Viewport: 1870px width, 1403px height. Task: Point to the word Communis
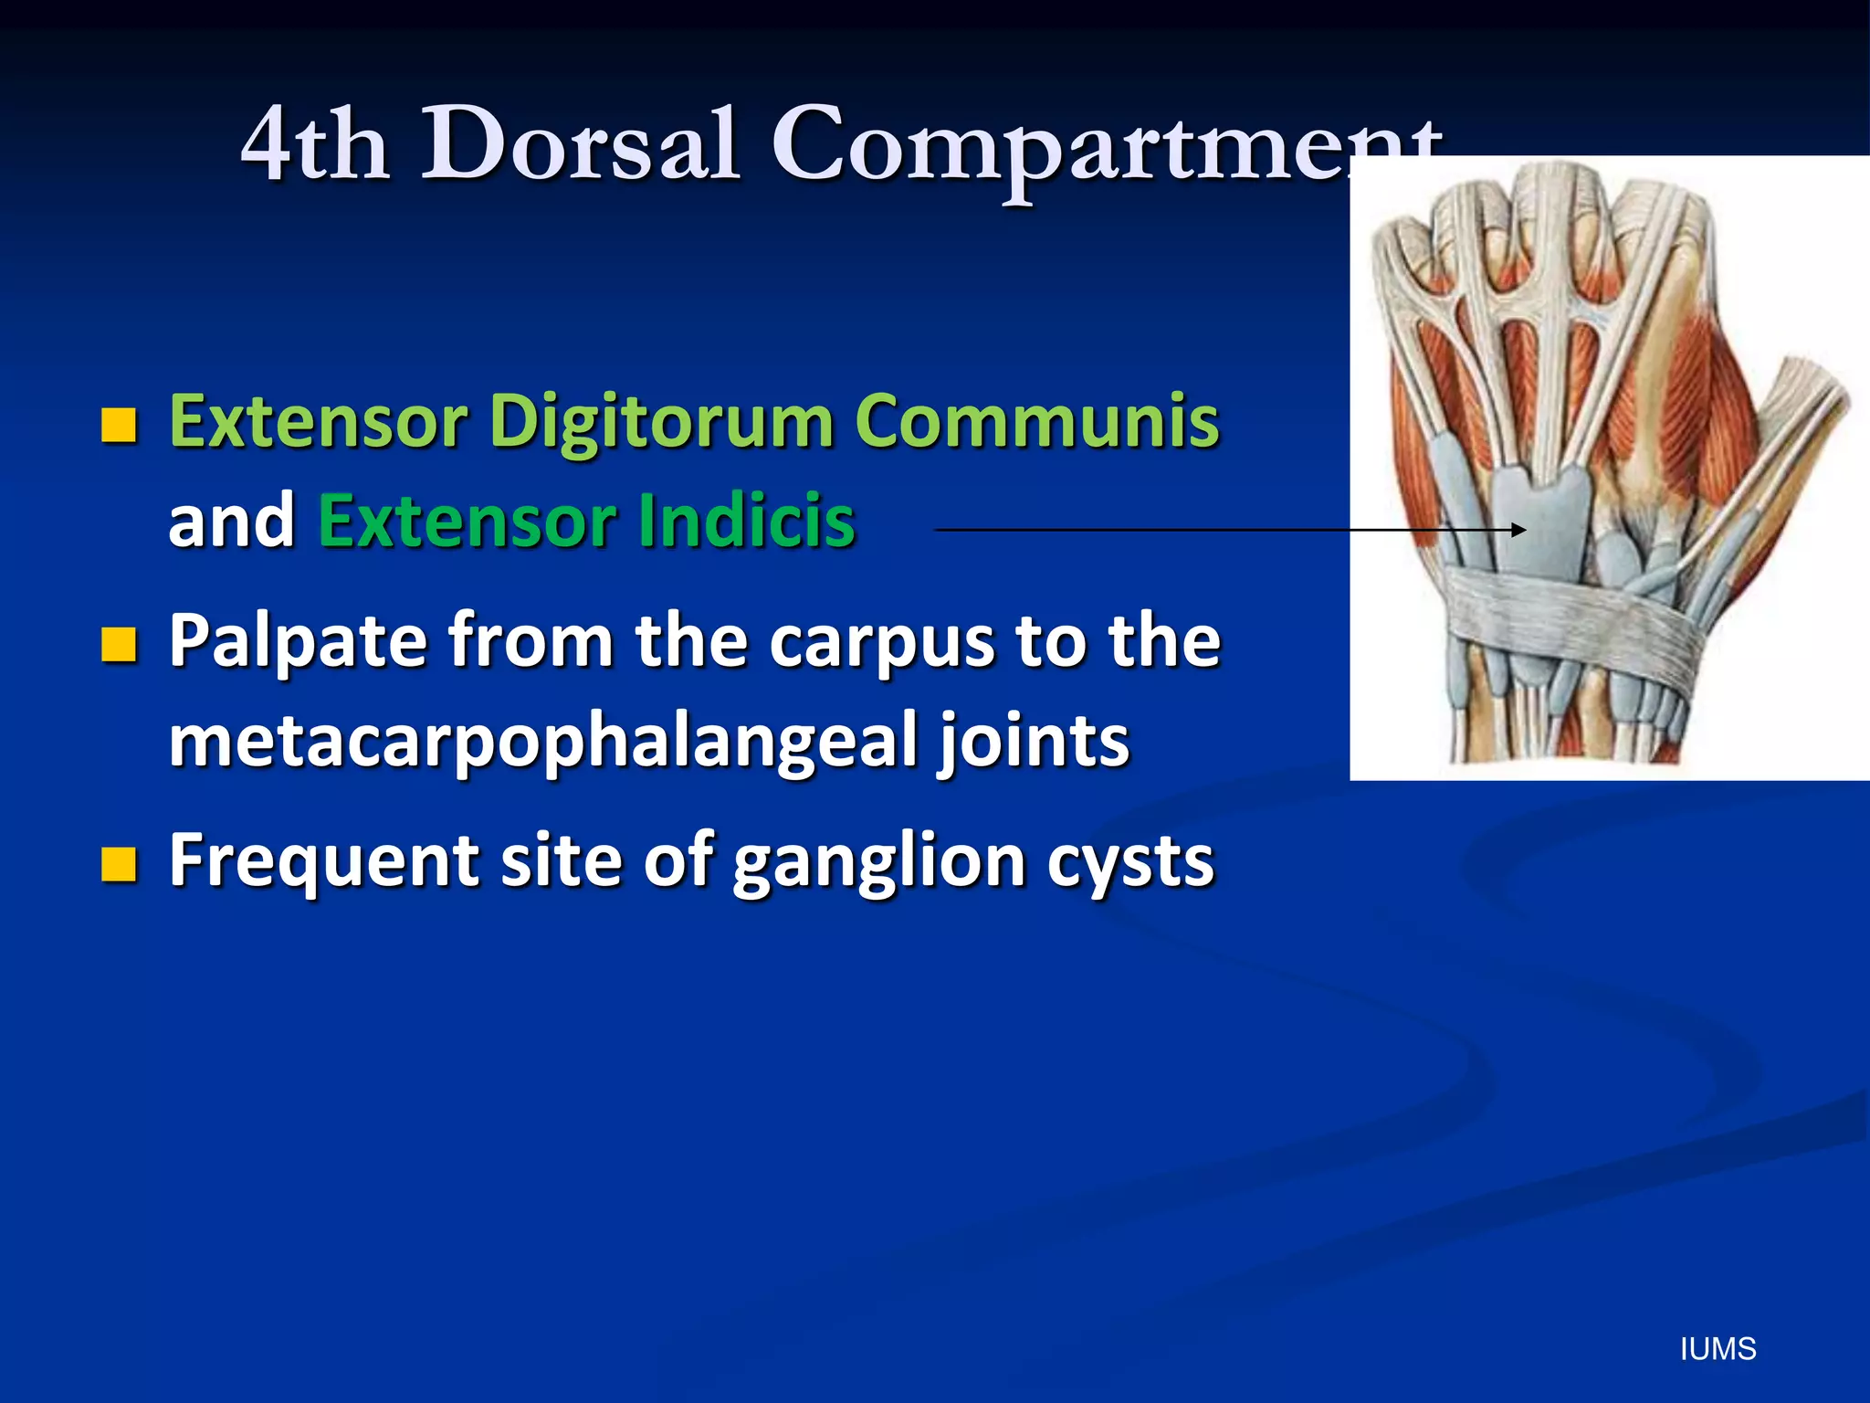[x=1036, y=421]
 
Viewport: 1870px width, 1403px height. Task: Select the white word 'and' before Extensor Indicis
[x=232, y=520]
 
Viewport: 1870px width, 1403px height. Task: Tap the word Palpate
[x=298, y=640]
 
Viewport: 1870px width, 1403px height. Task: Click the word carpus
[x=880, y=640]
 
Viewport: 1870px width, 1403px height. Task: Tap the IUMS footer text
[x=1718, y=1349]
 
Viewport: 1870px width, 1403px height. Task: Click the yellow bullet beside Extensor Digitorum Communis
[x=119, y=425]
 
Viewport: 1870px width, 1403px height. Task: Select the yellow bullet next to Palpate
[x=119, y=644]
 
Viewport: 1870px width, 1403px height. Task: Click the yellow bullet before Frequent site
[x=119, y=863]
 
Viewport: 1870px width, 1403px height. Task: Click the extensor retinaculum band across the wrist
[x=1571, y=612]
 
